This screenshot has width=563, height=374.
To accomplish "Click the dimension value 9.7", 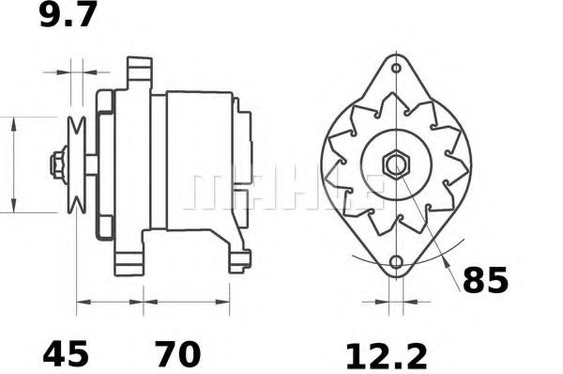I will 68,16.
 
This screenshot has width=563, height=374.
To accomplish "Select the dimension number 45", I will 65,355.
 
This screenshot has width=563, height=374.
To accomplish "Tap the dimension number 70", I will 177,355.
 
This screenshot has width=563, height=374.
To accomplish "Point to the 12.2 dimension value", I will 386,355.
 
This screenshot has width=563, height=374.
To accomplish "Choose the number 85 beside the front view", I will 484,280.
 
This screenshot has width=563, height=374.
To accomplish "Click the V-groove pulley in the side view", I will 76,164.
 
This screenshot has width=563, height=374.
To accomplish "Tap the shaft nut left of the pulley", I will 58,164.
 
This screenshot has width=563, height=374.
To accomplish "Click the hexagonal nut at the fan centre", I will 395,164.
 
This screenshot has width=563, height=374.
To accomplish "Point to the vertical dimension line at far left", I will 14,164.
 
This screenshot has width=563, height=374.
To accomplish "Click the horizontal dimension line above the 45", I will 109,303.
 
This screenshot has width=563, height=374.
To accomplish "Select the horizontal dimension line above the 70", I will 187,303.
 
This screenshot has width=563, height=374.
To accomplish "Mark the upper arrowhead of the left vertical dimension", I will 14,123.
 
